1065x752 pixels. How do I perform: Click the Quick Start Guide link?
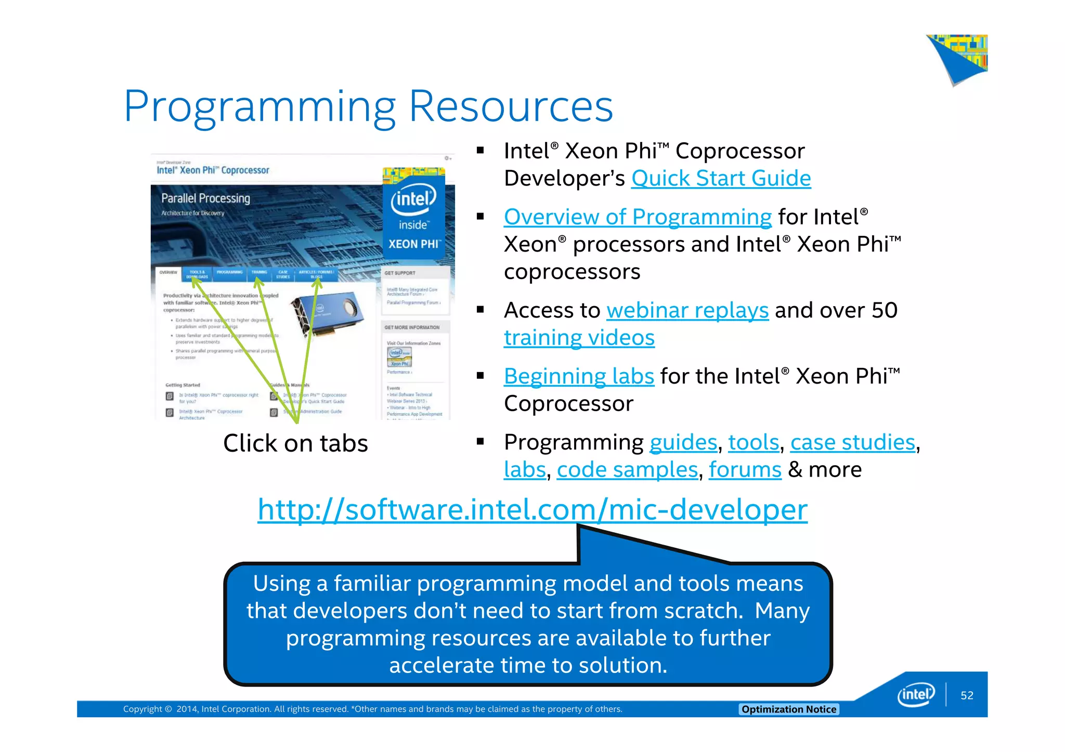tap(721, 178)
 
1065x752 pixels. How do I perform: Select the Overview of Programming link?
tap(638, 217)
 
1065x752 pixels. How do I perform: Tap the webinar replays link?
tap(687, 310)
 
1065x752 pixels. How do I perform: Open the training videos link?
tap(579, 338)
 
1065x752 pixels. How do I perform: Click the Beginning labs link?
tap(579, 376)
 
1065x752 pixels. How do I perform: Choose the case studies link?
tap(852, 442)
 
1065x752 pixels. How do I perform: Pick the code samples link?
tap(627, 470)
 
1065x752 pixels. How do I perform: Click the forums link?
tap(745, 470)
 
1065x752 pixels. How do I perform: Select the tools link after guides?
tap(754, 442)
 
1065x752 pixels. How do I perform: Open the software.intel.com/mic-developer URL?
tap(532, 509)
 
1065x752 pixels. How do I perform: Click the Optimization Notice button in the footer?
tap(788, 709)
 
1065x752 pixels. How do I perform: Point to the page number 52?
tap(967, 695)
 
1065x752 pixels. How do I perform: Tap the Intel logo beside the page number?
tap(916, 695)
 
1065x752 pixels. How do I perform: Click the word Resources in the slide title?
tap(511, 106)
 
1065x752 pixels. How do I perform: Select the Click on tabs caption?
tap(295, 443)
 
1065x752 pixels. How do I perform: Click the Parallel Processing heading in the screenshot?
tap(205, 199)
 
